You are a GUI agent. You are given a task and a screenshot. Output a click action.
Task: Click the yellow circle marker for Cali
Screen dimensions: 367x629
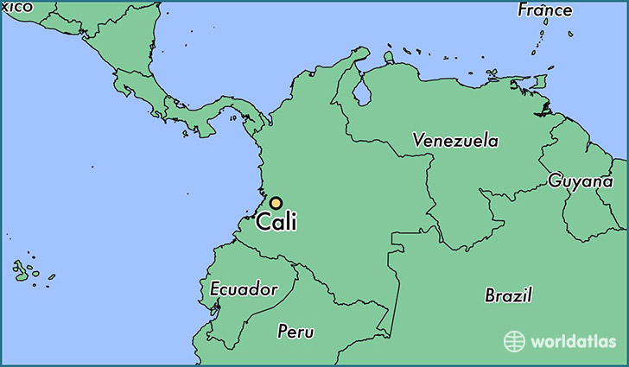[x=276, y=202]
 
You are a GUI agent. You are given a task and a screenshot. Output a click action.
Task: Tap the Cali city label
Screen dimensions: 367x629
[x=278, y=223]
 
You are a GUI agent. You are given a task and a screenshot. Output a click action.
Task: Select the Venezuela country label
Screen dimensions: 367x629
[x=455, y=139]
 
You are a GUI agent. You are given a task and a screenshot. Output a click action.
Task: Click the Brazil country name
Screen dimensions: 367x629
[x=508, y=294]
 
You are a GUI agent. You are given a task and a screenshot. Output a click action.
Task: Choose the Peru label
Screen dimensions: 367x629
[x=295, y=332]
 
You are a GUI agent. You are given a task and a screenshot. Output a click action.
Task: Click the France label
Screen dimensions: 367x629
[x=544, y=10]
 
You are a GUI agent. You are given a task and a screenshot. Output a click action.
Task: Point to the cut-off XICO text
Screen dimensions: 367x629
[x=16, y=7]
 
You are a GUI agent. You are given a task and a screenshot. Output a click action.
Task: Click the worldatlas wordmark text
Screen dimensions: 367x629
[x=574, y=340]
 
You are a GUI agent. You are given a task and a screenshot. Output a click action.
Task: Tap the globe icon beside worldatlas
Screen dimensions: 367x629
[x=515, y=340]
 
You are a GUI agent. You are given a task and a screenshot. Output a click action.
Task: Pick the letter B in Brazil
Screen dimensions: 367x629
[x=490, y=294]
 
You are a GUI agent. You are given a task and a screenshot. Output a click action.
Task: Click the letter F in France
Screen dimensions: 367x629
[x=523, y=10]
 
